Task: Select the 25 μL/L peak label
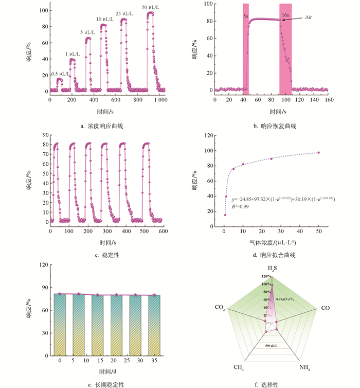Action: [x=124, y=13]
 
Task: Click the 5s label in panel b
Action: [x=246, y=16]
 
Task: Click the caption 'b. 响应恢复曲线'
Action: [x=275, y=126]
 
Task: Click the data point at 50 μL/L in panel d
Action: [x=318, y=152]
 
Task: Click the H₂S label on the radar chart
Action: [x=271, y=268]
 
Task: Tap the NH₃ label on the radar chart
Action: [x=305, y=367]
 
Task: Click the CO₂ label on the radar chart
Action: [x=220, y=307]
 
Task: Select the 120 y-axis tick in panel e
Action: [x=43, y=264]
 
